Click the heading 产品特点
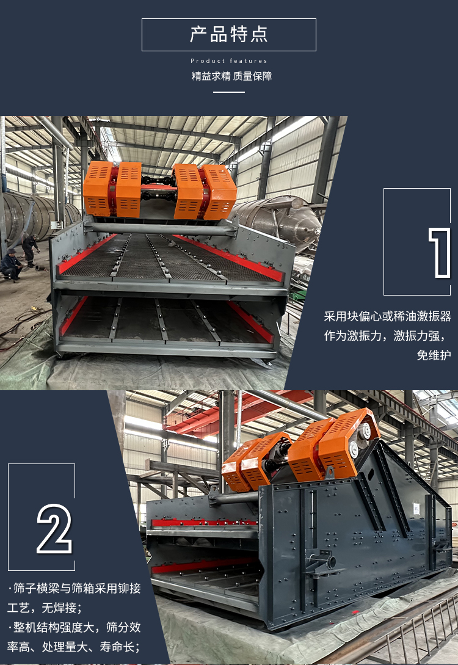tap(228, 34)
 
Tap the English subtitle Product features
tap(228, 61)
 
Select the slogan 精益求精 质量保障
tap(231, 76)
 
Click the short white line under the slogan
tap(228, 92)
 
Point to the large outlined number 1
tap(439, 253)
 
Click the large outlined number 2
tap(54, 528)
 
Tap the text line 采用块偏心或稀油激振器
tap(387, 316)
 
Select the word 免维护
tap(434, 355)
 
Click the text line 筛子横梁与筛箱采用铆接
tap(75, 588)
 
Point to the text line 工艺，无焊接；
tap(45, 608)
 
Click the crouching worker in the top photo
tap(10, 264)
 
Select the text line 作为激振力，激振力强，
tap(385, 336)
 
